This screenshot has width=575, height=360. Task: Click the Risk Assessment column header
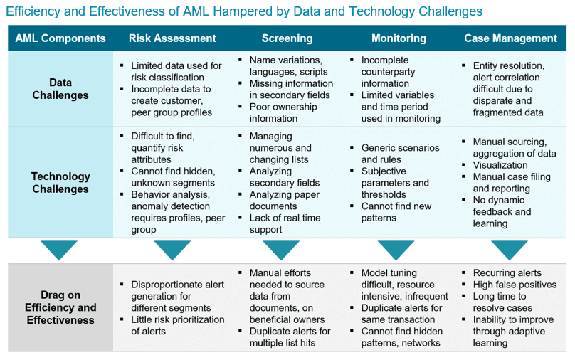click(x=172, y=38)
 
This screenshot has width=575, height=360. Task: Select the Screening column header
click(x=287, y=38)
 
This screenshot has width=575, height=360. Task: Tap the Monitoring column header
click(x=399, y=38)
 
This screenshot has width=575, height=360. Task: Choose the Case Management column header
click(x=510, y=38)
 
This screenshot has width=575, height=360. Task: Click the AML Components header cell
click(x=60, y=38)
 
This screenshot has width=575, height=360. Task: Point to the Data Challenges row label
click(x=60, y=89)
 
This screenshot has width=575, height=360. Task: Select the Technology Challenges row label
click(x=60, y=183)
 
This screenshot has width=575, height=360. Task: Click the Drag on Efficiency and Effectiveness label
click(x=60, y=307)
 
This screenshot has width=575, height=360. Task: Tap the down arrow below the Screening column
click(x=281, y=249)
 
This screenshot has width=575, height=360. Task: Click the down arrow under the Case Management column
click(x=510, y=249)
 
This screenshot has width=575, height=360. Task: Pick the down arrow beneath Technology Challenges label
click(x=58, y=249)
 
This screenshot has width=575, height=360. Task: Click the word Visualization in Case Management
click(x=500, y=165)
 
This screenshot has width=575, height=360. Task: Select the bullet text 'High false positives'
click(x=515, y=285)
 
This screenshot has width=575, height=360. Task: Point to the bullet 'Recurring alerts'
click(x=507, y=272)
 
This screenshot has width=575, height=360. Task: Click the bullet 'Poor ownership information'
click(x=283, y=112)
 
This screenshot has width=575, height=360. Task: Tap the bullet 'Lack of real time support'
click(x=285, y=223)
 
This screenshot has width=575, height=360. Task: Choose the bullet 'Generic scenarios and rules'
click(x=400, y=154)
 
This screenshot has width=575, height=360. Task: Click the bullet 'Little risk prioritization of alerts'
click(x=177, y=325)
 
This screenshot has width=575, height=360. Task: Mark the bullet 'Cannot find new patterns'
click(x=396, y=212)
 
